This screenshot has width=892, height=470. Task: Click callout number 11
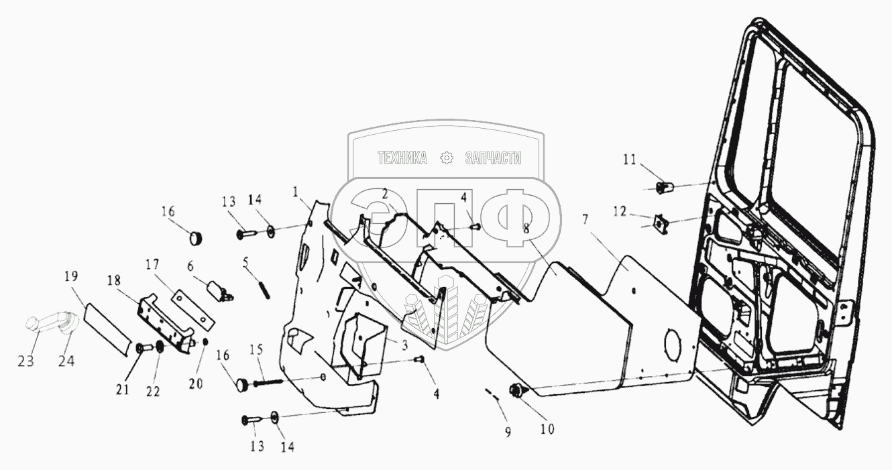coord(629,159)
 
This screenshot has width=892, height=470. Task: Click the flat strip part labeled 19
coord(107,327)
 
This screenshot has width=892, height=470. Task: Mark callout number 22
coord(154,392)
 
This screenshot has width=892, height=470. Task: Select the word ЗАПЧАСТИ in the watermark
coord(492,158)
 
